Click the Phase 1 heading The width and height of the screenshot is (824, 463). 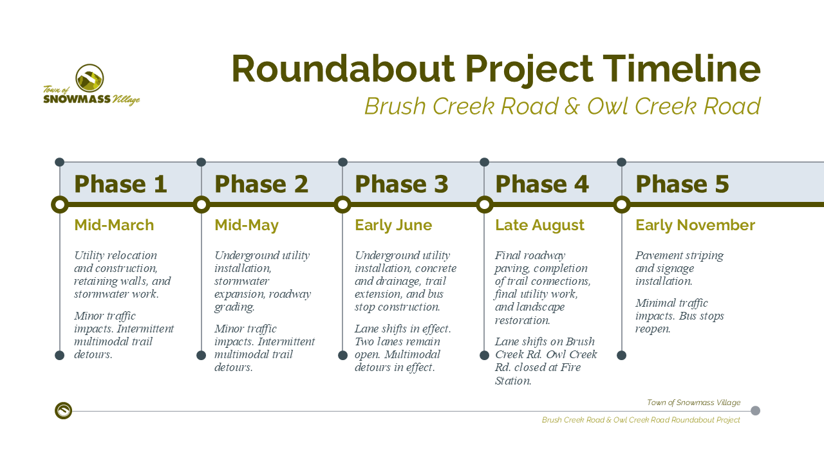point(120,184)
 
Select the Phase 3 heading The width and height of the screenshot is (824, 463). point(401,184)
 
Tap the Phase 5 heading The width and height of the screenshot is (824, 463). point(682,184)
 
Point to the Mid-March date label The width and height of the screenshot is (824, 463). point(114,225)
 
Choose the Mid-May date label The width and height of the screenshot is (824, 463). point(247,225)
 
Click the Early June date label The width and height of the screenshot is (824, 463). point(393,225)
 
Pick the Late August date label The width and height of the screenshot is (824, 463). point(539,225)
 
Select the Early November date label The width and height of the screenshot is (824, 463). point(695,225)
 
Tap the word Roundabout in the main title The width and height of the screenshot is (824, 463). point(343,69)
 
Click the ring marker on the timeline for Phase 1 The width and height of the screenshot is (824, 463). point(60,204)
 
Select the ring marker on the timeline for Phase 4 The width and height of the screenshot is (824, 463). point(485,204)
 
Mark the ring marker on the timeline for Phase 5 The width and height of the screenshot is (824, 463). point(622,204)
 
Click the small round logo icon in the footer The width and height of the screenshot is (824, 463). point(63,410)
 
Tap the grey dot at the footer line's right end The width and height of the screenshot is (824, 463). point(755,410)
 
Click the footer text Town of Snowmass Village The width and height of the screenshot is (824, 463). point(693,403)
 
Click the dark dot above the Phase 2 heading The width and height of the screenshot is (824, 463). point(201,162)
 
